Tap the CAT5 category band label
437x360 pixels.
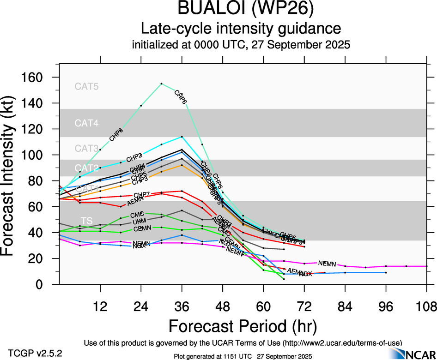87,86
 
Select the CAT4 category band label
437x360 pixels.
87,123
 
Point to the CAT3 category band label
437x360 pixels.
87,149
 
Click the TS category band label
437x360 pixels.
86,220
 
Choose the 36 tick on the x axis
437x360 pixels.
182,306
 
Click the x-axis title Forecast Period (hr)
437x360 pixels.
243,326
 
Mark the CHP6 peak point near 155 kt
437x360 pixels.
161,84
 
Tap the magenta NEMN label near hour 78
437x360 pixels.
327,264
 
